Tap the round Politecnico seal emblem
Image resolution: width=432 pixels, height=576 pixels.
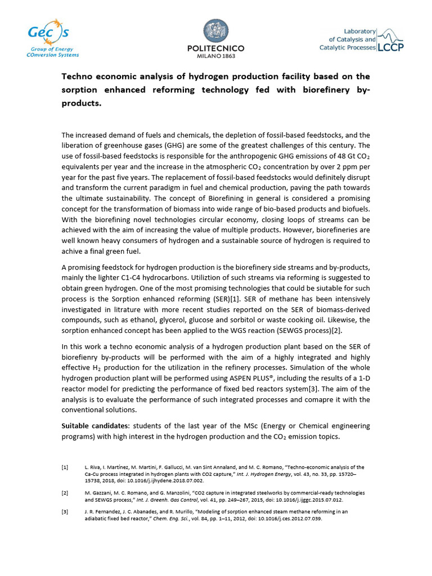point(215,31)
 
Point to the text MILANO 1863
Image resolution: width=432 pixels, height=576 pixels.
point(215,56)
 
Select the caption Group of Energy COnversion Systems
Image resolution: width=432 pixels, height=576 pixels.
point(53,52)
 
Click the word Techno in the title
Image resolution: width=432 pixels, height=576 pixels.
point(79,76)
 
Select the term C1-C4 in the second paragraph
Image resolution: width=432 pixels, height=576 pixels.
point(153,277)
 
